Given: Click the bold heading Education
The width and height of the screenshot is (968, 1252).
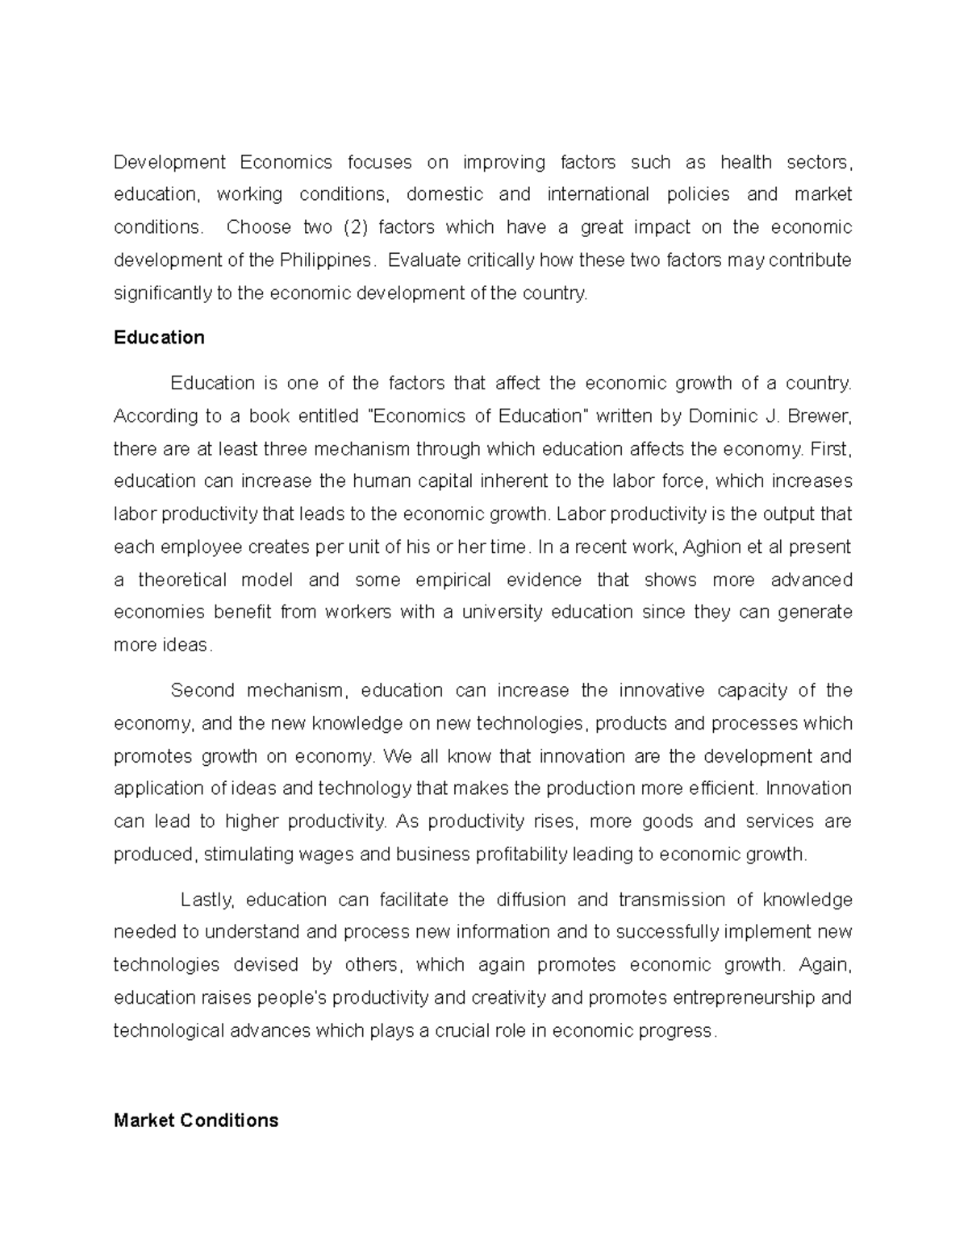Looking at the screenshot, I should (159, 338).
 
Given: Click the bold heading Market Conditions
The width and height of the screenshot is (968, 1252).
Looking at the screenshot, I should (196, 1121).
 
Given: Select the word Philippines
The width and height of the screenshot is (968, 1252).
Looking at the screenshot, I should (326, 260).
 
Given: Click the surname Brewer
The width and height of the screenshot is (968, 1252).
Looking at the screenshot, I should (818, 416).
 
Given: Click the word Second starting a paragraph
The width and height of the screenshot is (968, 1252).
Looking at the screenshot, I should (201, 691).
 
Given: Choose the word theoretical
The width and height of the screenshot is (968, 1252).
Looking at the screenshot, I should (182, 580).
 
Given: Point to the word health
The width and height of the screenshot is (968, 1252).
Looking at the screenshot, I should (746, 162).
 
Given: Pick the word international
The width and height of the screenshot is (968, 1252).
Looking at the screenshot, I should (598, 194).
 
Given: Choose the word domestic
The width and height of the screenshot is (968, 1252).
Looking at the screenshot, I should (444, 194).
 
